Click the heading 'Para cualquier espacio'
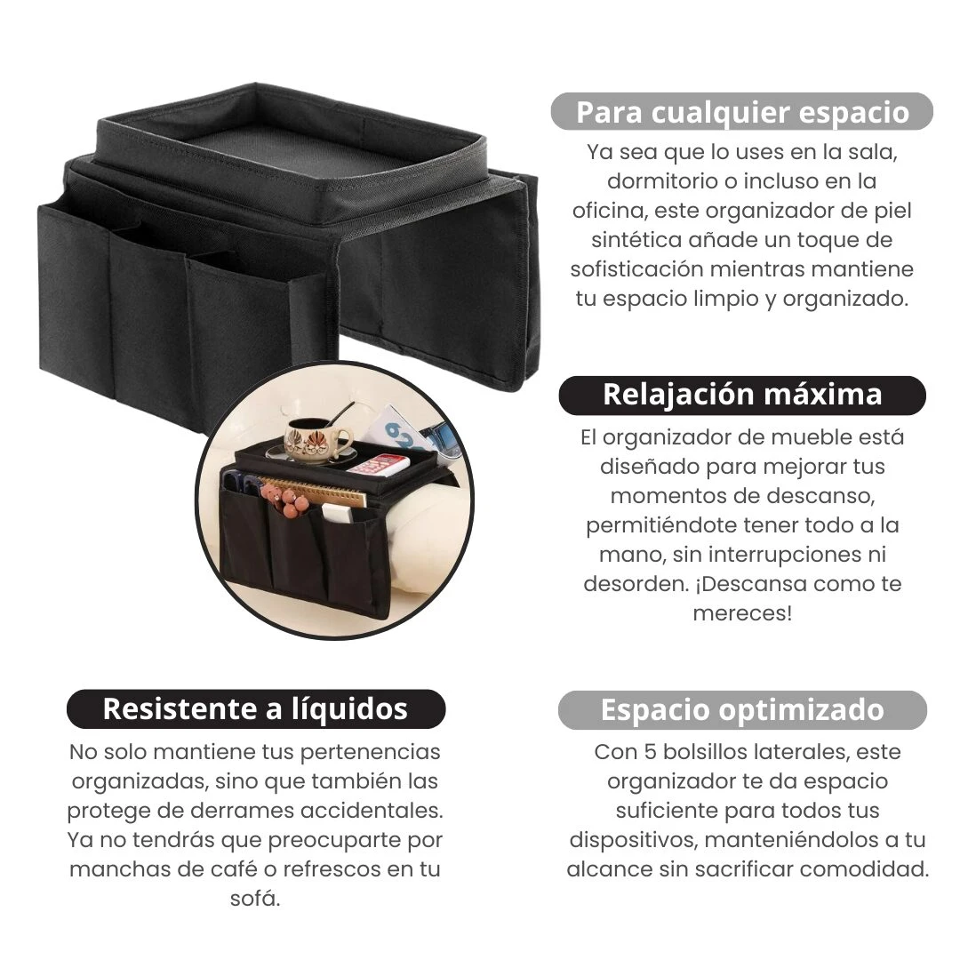pyautogui.click(x=742, y=113)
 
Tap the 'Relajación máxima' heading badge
pyautogui.click(x=742, y=395)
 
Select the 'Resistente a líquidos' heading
pyautogui.click(x=255, y=708)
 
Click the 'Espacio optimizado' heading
pyautogui.click(x=742, y=710)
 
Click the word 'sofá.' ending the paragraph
pyautogui.click(x=255, y=898)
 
